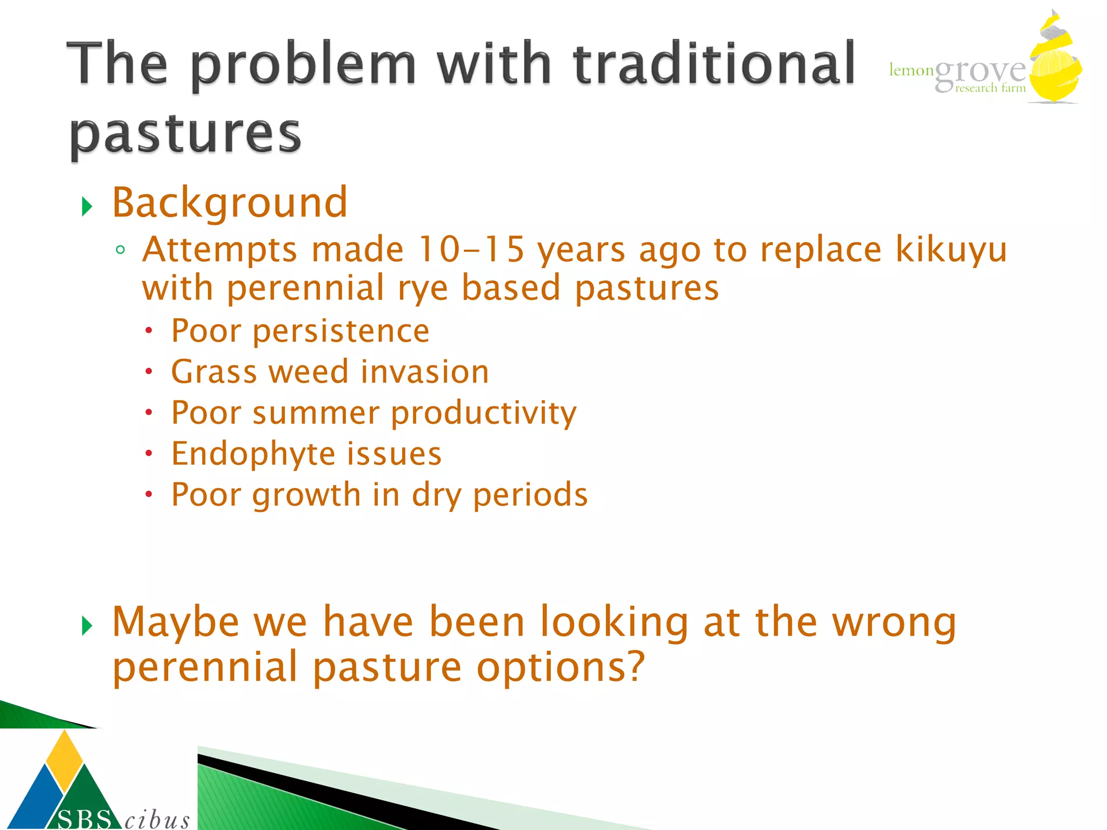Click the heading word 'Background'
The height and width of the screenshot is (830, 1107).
pyautogui.click(x=229, y=202)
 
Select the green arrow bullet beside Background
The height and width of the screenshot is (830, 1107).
pyautogui.click(x=87, y=206)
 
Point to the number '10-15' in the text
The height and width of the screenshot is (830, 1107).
pyautogui.click(x=471, y=250)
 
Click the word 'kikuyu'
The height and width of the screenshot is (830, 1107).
pyautogui.click(x=951, y=251)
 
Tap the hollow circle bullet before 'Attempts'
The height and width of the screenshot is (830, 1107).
pyautogui.click(x=120, y=250)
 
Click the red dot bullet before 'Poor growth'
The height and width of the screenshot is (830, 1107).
pyautogui.click(x=149, y=494)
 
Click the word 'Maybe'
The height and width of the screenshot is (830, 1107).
pyautogui.click(x=176, y=622)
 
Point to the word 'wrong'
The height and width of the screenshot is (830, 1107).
pyautogui.click(x=894, y=622)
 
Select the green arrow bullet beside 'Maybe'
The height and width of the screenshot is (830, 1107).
pyautogui.click(x=87, y=626)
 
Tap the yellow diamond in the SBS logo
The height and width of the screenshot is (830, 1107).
pyautogui.click(x=65, y=759)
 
